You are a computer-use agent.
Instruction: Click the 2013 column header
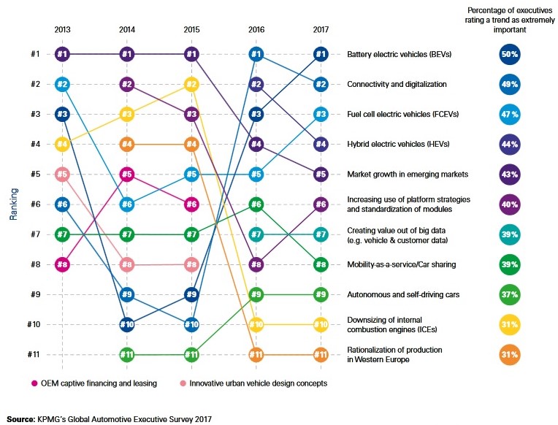(62, 30)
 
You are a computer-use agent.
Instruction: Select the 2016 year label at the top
(256, 30)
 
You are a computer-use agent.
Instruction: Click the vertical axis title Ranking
(13, 204)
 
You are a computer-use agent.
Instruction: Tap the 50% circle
(509, 54)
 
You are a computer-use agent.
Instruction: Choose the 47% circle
(509, 114)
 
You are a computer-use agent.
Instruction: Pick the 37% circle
(509, 294)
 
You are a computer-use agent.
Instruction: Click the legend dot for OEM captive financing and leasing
(35, 383)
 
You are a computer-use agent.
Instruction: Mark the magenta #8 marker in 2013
(62, 264)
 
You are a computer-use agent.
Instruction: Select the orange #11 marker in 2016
(256, 355)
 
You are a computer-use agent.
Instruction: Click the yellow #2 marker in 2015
(191, 84)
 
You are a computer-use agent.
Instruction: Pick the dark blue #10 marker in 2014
(127, 324)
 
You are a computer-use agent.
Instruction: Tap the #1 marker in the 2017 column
(320, 54)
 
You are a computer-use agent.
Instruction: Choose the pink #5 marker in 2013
(62, 174)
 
